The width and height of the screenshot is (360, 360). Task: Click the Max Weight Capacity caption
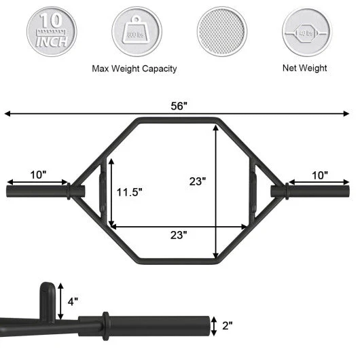tap(134, 69)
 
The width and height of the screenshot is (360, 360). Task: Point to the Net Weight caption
tap(304, 68)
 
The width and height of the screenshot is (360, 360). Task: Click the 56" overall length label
tap(180, 106)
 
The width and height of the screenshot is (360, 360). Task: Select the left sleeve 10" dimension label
tap(38, 175)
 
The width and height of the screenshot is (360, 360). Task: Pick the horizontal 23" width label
tap(179, 235)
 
